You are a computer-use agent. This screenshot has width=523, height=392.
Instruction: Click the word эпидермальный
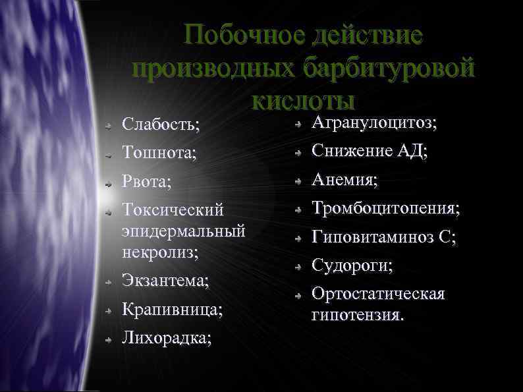click(184, 231)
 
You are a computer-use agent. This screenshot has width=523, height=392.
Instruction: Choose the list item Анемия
click(344, 179)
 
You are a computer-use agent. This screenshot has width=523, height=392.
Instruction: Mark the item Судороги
click(352, 266)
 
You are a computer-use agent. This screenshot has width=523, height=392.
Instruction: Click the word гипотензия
click(358, 315)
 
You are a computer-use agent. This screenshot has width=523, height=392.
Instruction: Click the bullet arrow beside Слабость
click(110, 124)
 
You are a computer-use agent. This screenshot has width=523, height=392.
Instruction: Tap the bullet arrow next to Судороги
click(298, 267)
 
